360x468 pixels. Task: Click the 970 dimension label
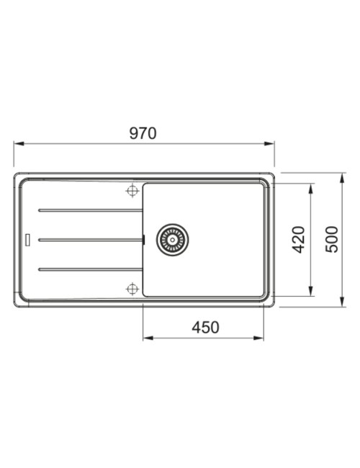coord(143,133)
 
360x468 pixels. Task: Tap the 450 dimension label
coord(205,328)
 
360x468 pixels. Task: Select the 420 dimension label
coord(299,240)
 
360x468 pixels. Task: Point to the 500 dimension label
coord(332,240)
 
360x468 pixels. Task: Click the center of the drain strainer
coord(172,240)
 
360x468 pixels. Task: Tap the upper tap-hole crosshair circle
coord(132,191)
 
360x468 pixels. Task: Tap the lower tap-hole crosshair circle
coord(132,289)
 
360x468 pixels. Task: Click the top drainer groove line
coord(91,210)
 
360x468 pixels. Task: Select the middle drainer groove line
coord(91,240)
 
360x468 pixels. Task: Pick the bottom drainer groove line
coord(91,269)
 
